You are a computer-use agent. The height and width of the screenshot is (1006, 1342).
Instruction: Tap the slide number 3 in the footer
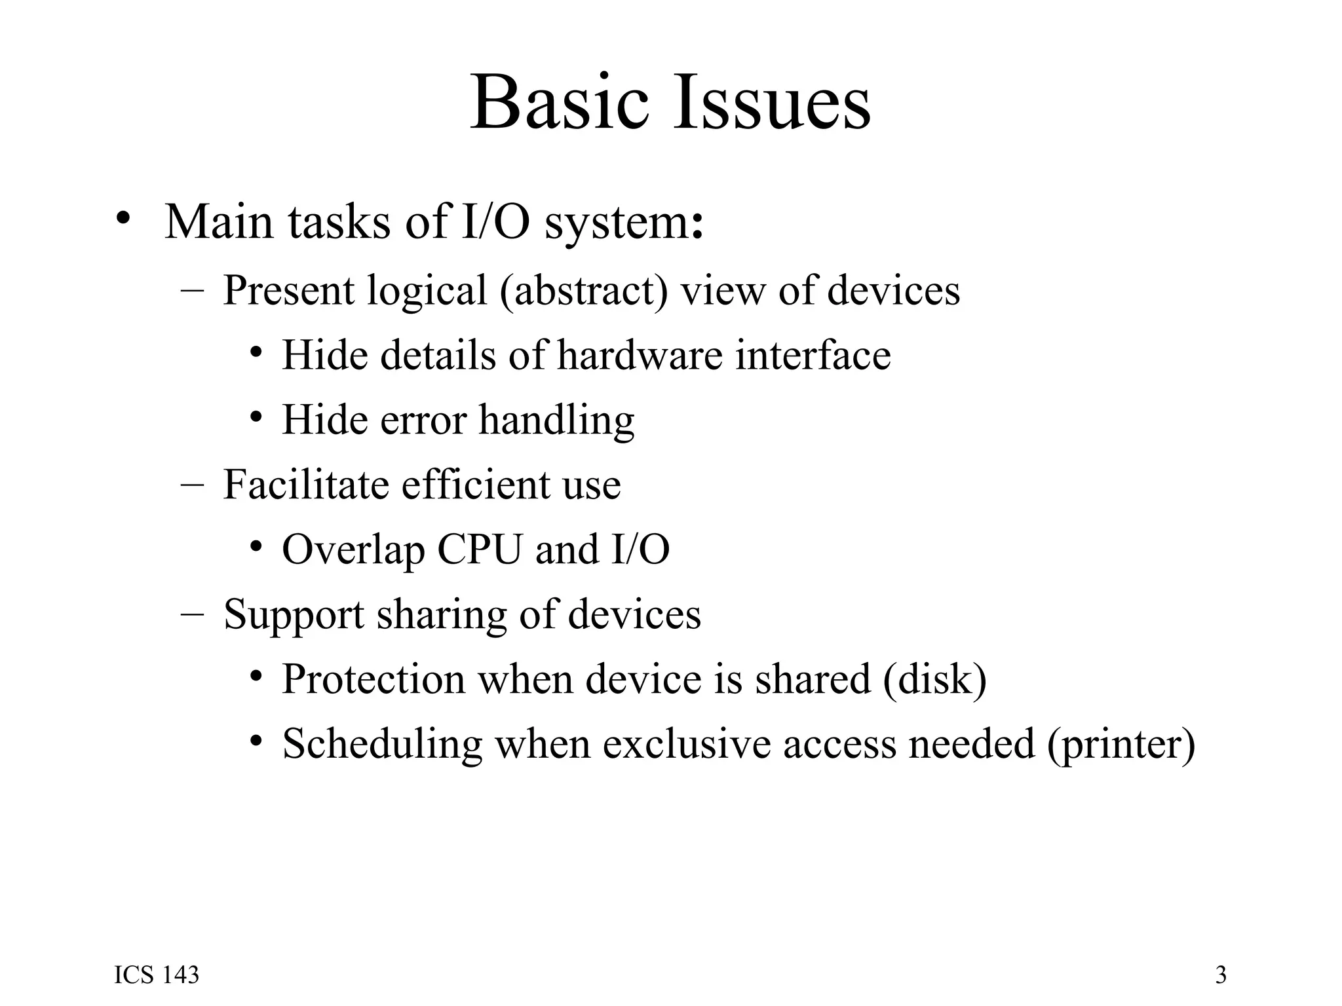coord(1221,975)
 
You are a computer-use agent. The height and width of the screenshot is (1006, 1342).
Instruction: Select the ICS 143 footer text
coord(157,975)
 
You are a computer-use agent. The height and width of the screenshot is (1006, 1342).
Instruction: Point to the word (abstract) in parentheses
coord(584,289)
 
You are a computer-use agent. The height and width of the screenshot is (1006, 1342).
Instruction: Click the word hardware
coord(640,355)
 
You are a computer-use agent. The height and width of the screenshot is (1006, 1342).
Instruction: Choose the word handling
coord(556,420)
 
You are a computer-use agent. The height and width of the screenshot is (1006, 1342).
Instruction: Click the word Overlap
coord(353,550)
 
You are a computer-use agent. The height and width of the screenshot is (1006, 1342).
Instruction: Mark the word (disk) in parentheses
coord(934,679)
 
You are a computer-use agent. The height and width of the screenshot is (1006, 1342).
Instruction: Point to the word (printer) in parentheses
coord(1121,745)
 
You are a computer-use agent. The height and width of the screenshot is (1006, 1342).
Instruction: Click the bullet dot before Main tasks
coord(122,219)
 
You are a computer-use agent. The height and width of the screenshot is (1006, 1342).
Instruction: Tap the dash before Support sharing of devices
coord(191,614)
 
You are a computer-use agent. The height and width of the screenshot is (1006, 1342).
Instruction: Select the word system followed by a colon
coord(624,223)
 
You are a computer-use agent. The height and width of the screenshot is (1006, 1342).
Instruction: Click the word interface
coord(813,355)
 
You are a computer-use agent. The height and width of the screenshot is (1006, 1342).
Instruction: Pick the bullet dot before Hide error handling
coord(256,417)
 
